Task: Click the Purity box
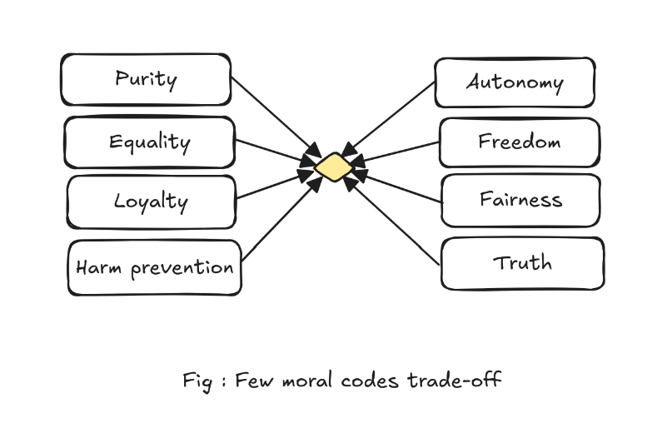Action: click(146, 80)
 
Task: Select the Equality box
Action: click(149, 142)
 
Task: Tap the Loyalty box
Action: click(151, 202)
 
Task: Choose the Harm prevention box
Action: click(154, 267)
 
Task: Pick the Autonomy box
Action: click(515, 82)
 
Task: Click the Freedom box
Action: click(519, 142)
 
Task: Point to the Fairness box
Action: click(520, 200)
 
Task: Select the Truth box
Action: click(522, 263)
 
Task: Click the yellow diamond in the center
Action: click(332, 167)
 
